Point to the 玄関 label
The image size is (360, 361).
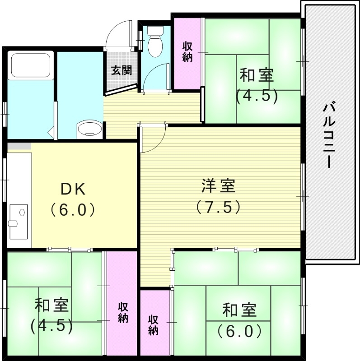click(x=121, y=70)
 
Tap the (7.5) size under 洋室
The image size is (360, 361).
click(x=218, y=206)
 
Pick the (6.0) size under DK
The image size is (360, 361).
click(x=72, y=210)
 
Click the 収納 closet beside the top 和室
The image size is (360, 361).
click(x=188, y=52)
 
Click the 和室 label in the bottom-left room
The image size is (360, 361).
click(x=51, y=305)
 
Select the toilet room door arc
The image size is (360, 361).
click(x=156, y=77)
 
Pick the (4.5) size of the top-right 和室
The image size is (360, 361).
click(x=256, y=96)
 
